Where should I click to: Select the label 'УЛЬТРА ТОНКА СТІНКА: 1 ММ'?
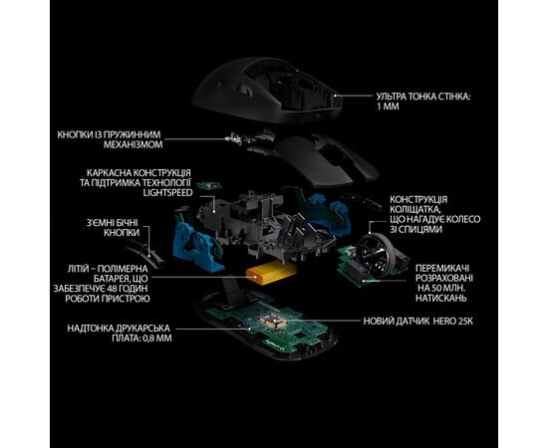(x=423, y=102)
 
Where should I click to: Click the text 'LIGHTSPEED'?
(x=167, y=193)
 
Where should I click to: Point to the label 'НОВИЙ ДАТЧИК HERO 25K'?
(x=418, y=322)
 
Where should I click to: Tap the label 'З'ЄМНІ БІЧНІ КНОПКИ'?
(x=113, y=228)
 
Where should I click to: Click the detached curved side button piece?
(x=145, y=254)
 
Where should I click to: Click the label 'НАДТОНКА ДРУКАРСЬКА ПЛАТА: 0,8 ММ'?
(x=120, y=334)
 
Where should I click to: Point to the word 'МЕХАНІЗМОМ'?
(x=133, y=144)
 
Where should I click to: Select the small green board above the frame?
(x=209, y=186)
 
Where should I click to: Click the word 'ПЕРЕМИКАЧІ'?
(x=442, y=269)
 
